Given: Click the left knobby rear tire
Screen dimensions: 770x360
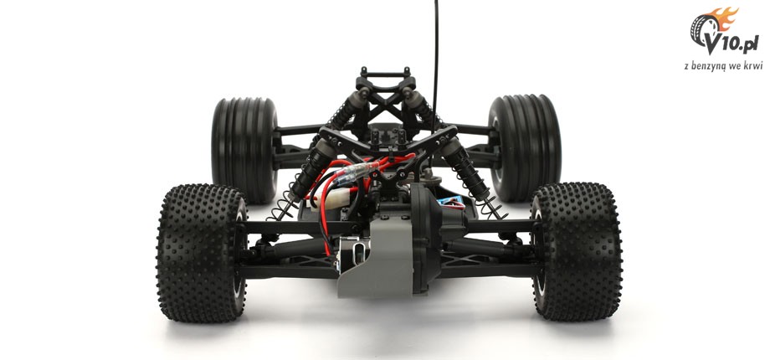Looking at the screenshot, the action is click(x=202, y=253).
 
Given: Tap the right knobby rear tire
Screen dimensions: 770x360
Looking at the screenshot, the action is click(x=577, y=251).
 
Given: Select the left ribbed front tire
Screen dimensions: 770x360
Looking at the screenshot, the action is click(x=244, y=150).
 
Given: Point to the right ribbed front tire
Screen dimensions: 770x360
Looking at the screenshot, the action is click(x=525, y=148).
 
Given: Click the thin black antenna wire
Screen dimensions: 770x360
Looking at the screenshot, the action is click(x=435, y=64).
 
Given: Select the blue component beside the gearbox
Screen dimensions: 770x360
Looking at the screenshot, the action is click(x=452, y=203).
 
